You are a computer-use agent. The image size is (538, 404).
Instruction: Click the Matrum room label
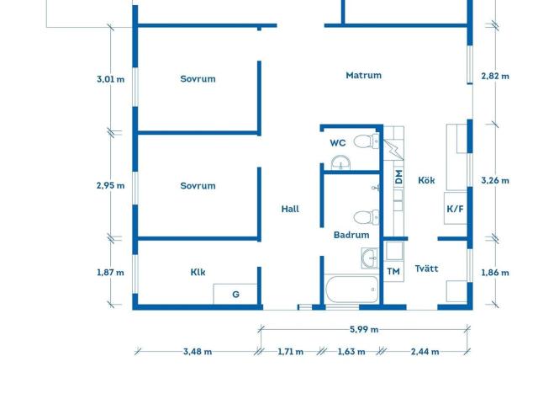[x=363, y=75]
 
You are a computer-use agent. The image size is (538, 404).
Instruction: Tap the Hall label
[x=290, y=209]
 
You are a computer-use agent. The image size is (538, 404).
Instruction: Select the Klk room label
[x=198, y=272]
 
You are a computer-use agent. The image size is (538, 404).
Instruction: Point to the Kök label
[x=426, y=180]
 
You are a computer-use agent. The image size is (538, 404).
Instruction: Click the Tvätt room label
[x=426, y=268]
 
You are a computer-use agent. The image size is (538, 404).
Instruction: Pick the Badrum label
[x=351, y=235]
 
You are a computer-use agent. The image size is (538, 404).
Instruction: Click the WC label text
[x=338, y=143]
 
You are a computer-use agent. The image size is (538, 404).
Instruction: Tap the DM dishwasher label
[x=398, y=177]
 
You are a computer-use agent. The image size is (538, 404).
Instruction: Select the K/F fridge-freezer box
[x=456, y=208]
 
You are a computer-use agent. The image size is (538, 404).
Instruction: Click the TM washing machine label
[x=393, y=271]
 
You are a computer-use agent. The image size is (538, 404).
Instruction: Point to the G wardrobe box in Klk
[x=235, y=294]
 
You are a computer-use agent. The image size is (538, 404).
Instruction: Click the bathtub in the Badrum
[x=351, y=290]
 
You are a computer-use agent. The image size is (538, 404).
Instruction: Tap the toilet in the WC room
[x=367, y=141]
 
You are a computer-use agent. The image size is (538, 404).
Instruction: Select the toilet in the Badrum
[x=367, y=217]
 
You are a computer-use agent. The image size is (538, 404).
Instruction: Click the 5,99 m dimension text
[x=364, y=329]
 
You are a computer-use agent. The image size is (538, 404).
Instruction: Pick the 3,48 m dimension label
[x=198, y=352]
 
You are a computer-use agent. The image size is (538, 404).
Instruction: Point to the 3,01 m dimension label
[x=110, y=79]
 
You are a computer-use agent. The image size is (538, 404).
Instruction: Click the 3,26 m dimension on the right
[x=495, y=180]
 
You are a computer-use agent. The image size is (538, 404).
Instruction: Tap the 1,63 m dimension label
[x=351, y=352]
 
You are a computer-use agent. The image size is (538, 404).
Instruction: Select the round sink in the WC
[x=340, y=162]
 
